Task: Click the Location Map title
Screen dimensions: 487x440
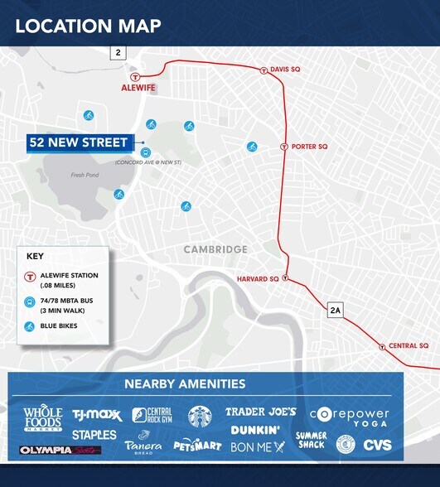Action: coord(88,26)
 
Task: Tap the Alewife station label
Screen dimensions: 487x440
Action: coord(138,86)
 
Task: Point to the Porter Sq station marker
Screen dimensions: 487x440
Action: coord(284,147)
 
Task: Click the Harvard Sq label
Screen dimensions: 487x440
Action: coord(258,279)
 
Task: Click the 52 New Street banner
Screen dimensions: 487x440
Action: coord(79,142)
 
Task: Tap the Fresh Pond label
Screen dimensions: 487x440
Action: coord(84,175)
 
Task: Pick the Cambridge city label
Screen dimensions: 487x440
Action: coord(215,249)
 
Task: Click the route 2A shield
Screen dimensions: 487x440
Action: coord(335,311)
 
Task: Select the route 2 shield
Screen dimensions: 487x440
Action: coord(118,53)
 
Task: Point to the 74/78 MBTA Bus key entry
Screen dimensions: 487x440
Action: coord(69,306)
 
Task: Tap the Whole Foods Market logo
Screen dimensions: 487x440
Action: coord(43,418)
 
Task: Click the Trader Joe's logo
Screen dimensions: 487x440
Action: coord(260,412)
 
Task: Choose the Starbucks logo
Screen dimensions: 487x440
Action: coord(200,417)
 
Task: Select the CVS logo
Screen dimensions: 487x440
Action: coord(377,446)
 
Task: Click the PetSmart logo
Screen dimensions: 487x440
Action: coord(197,446)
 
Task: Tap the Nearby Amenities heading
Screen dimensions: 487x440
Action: coord(185,383)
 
